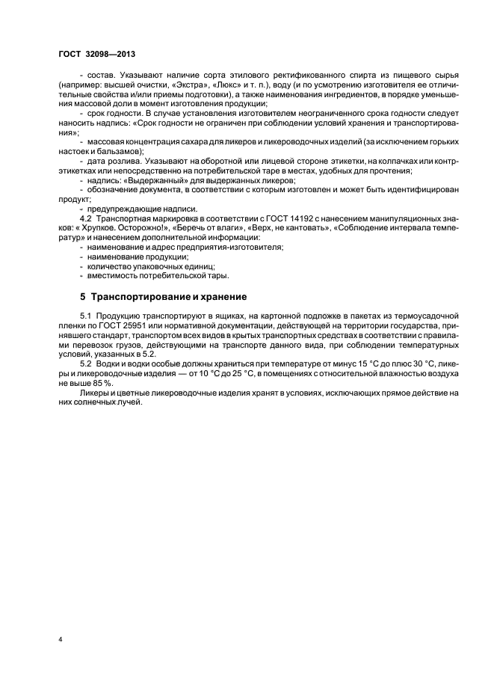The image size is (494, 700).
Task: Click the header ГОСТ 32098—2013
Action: (97, 55)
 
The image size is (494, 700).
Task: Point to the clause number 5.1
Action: (85, 316)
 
